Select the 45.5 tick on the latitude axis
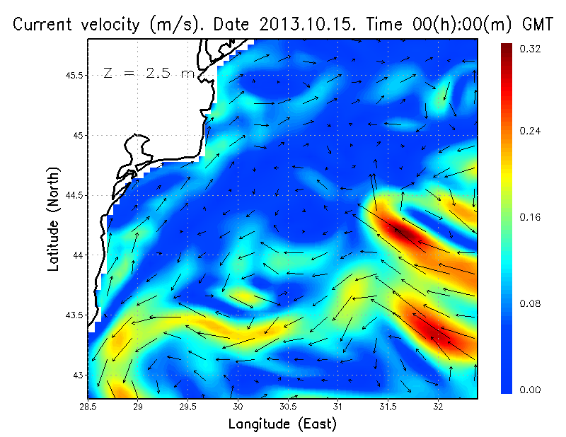click(x=74, y=75)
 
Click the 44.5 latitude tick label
click(x=74, y=195)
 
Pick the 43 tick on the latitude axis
click(x=78, y=375)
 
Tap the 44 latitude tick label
click(x=78, y=255)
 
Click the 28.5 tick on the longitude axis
click(x=88, y=408)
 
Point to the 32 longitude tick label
click(x=438, y=408)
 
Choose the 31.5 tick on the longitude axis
click(x=388, y=408)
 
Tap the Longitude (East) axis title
click(x=282, y=424)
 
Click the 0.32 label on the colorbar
click(x=531, y=49)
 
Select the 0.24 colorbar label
click(x=531, y=132)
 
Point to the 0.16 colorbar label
click(x=531, y=217)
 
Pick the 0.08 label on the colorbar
click(x=531, y=303)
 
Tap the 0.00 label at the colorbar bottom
click(x=531, y=390)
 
